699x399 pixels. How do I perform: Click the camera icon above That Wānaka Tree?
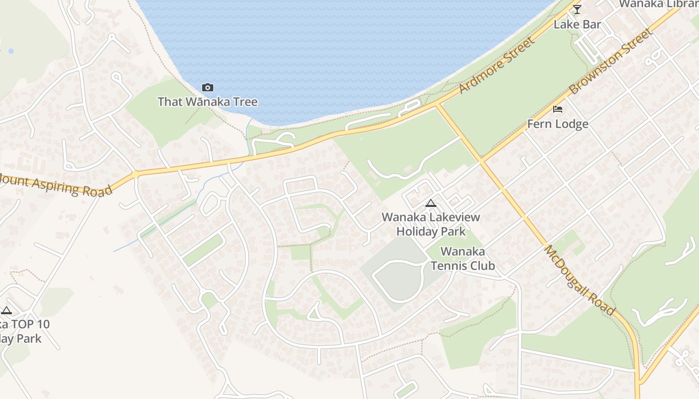click(208, 88)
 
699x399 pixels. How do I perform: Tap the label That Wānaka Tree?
click(208, 102)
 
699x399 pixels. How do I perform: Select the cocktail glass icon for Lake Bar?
click(577, 9)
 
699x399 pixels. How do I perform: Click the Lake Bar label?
click(577, 24)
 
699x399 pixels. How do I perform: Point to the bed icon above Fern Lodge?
click(558, 109)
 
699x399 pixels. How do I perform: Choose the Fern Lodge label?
click(558, 124)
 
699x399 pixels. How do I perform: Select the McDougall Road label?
click(579, 279)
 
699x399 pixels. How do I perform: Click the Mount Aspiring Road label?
click(55, 185)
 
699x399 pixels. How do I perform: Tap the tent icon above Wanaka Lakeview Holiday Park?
click(430, 203)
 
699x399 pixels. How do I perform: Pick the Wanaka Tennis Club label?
click(463, 258)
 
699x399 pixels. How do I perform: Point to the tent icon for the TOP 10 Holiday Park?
click(6, 310)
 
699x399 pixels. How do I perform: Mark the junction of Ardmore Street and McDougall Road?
click(437, 105)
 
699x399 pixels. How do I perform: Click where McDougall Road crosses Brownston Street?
click(481, 161)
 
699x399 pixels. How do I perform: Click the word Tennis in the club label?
click(449, 265)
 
